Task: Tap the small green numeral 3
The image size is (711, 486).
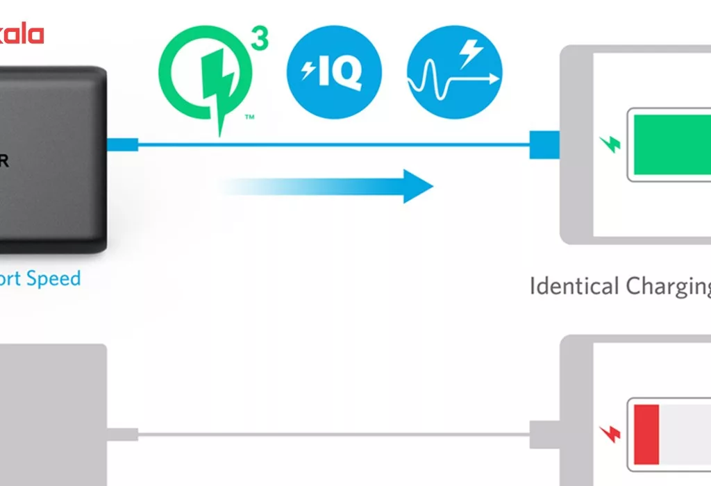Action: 258,40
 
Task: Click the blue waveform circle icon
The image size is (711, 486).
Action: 454,72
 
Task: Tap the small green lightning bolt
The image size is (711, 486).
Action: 610,144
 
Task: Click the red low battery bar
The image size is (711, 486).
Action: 646,435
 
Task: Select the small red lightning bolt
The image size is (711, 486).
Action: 610,434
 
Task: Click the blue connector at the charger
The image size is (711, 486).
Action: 122,144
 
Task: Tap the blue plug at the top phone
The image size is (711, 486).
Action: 544,144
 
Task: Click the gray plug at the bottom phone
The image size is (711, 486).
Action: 544,434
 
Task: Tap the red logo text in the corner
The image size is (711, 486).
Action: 21,34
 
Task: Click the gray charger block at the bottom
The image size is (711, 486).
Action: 52,417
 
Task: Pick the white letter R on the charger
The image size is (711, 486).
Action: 4,160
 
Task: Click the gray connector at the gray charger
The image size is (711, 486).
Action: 122,435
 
